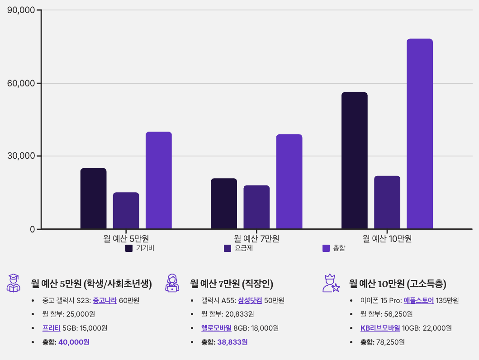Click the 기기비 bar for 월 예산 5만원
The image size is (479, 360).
93,199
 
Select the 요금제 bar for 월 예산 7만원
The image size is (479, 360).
256,207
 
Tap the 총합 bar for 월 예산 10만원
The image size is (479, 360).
420,134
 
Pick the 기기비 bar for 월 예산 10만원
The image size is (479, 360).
355,161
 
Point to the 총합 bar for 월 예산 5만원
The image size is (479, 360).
158,180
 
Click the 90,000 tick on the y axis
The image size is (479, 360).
22,10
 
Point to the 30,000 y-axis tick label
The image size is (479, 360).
22,156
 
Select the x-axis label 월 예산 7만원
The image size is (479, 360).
256,238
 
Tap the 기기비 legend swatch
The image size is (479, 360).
129,248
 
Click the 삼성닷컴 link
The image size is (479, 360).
250,300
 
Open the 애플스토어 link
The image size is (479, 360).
418,300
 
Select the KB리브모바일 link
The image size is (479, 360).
380,328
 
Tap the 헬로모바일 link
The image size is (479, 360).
216,328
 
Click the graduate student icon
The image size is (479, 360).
14,283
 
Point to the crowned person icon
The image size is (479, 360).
331,283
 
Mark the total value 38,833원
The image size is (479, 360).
232,342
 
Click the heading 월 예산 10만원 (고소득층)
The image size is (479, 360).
398,284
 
